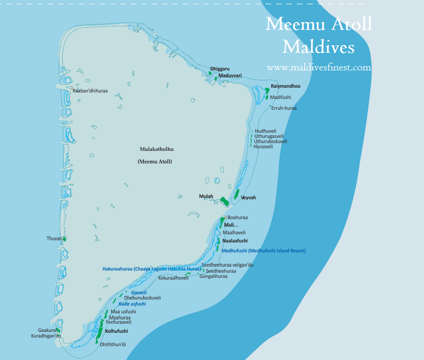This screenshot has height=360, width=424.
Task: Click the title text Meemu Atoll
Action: coord(318,24)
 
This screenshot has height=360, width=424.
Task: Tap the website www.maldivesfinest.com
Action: coord(319,68)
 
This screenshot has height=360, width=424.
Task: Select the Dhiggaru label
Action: coord(220,69)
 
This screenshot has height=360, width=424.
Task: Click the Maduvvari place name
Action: coord(230,76)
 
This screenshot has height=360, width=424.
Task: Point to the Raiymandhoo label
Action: coord(286,86)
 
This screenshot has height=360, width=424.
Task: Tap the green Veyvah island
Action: coord(237,194)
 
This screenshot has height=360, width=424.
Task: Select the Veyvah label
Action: coord(248,198)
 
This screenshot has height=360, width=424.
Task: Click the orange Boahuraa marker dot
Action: coord(225,217)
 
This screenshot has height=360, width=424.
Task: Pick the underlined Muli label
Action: coord(229,225)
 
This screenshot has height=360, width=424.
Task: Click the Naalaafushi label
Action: coord(235,241)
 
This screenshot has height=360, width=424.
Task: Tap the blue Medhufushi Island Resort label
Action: coord(263,251)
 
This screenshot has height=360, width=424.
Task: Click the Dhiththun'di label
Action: coord(112,344)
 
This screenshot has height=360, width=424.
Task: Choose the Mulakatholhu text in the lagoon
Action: coord(156,149)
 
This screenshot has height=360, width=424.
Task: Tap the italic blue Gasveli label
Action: coord(138,293)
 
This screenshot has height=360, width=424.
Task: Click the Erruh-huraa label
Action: coord(284,108)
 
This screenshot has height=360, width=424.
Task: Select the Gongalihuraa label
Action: coord(213,276)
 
